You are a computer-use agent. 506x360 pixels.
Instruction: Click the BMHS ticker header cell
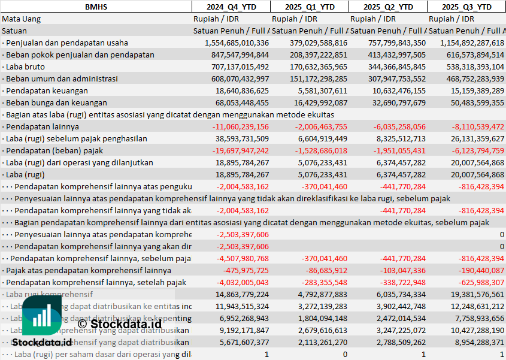96,7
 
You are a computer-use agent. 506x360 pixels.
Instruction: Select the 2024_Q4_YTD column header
231,7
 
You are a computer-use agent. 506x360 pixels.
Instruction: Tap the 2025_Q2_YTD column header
388,7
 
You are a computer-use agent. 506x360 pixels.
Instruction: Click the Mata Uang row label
22,19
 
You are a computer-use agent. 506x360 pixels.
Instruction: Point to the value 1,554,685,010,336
237,43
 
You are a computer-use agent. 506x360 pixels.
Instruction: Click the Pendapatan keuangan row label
47,90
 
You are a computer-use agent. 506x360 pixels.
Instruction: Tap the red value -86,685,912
323,270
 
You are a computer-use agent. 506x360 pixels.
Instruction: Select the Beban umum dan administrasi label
62,78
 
